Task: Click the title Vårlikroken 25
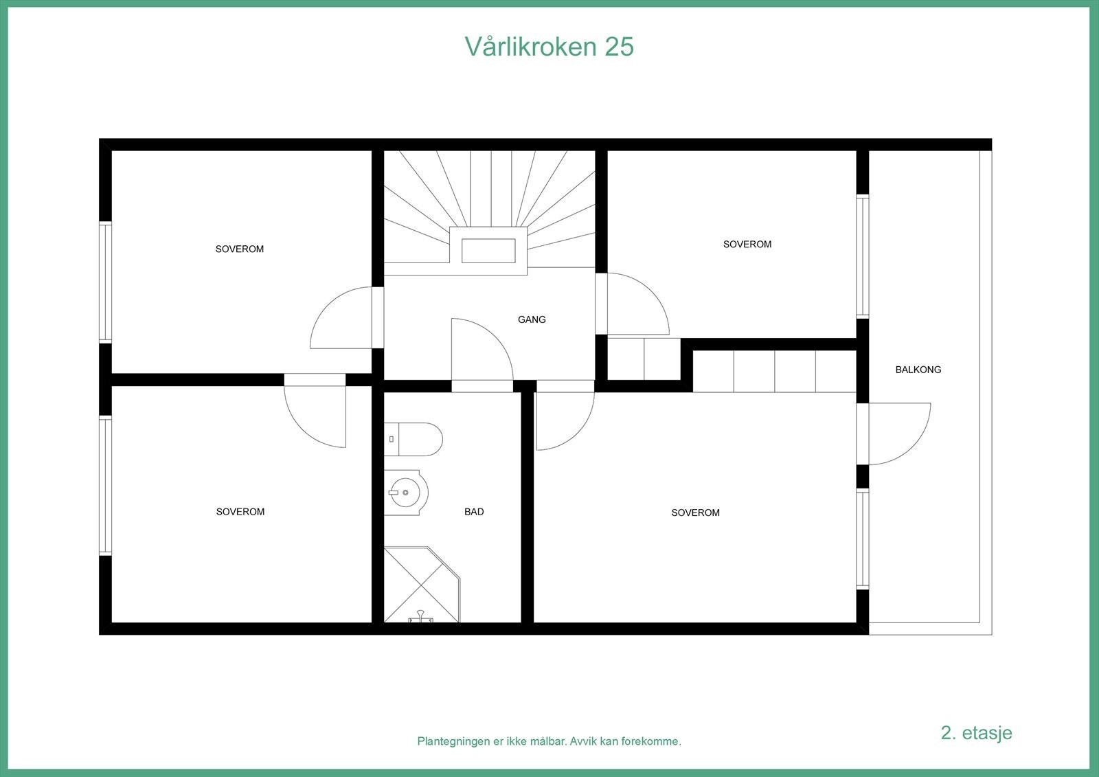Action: tap(549, 47)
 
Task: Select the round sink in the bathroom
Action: tap(405, 493)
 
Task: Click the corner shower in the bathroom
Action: tap(420, 586)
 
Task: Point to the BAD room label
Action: tap(474, 512)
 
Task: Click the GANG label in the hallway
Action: tap(532, 319)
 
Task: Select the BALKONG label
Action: tap(918, 370)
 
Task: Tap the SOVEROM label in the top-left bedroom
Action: tap(239, 249)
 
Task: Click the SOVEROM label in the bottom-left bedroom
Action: tap(240, 512)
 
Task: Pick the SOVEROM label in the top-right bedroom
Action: tap(747, 245)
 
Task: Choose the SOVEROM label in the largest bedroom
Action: tap(695, 513)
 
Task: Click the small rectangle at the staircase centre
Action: tap(488, 251)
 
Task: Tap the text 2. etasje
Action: tap(976, 732)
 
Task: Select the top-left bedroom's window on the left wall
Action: tap(105, 282)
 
